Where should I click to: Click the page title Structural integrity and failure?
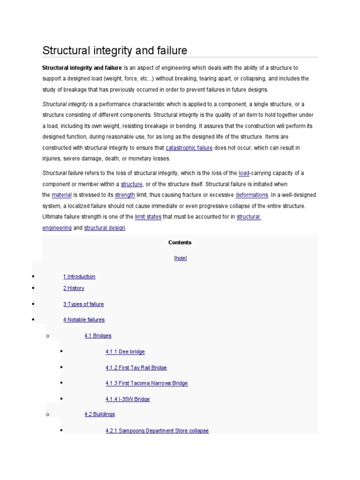115,50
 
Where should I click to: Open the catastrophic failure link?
189,148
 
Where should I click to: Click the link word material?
61,195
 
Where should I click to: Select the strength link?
125,195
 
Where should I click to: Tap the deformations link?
252,195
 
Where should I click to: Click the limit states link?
148,217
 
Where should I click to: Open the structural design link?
105,228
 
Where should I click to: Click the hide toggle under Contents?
180,258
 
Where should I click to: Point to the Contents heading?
180,242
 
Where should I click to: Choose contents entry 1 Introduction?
79,277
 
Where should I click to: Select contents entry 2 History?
74,288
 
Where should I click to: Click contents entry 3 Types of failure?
83,304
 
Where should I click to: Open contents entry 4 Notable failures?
84,320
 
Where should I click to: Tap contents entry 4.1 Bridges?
98,336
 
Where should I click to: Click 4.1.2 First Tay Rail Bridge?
136,367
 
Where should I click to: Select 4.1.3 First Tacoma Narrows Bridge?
146,383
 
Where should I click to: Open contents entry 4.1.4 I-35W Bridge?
127,399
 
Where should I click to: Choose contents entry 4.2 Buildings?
99,414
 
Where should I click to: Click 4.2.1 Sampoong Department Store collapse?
157,430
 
